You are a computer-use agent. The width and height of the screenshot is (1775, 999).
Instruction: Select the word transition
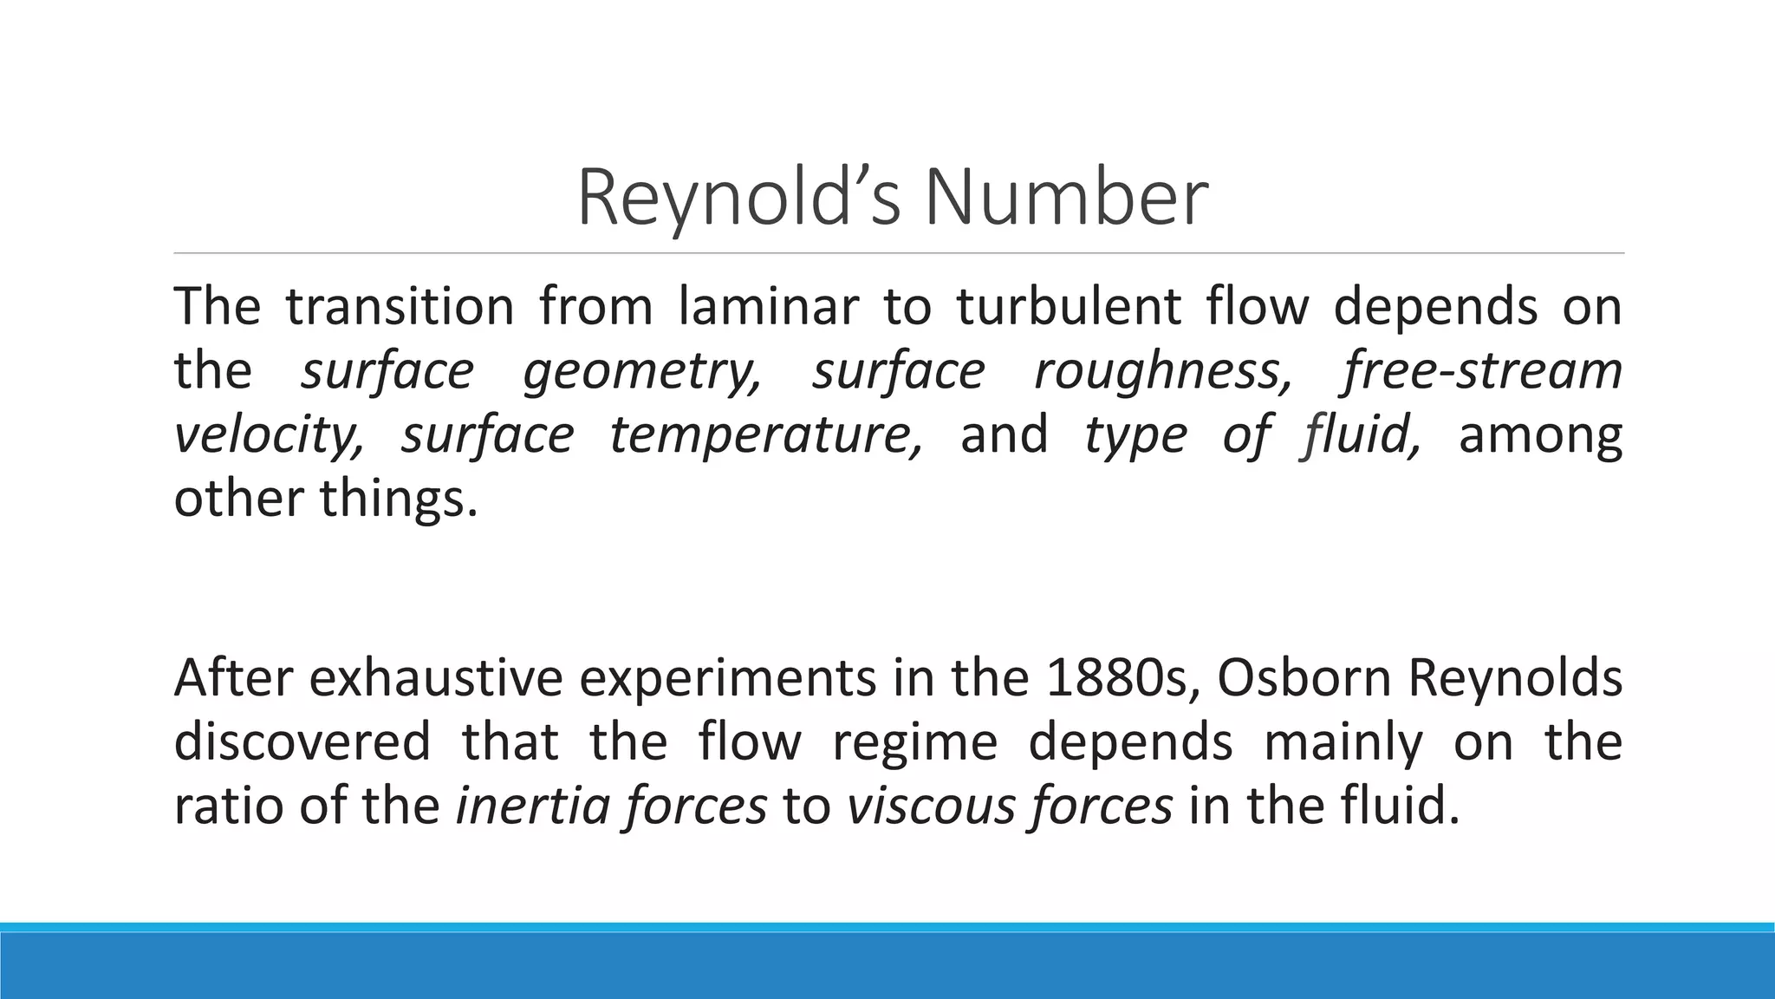click(x=400, y=306)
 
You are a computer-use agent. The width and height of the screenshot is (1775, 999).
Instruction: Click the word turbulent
click(x=1069, y=306)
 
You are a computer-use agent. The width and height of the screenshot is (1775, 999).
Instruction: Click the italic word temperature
click(x=766, y=435)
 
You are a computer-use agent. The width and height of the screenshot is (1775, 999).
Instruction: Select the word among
click(x=1540, y=436)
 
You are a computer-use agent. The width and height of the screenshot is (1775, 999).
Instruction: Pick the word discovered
click(x=302, y=742)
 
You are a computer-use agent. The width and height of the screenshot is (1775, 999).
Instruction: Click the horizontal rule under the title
click(x=899, y=253)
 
